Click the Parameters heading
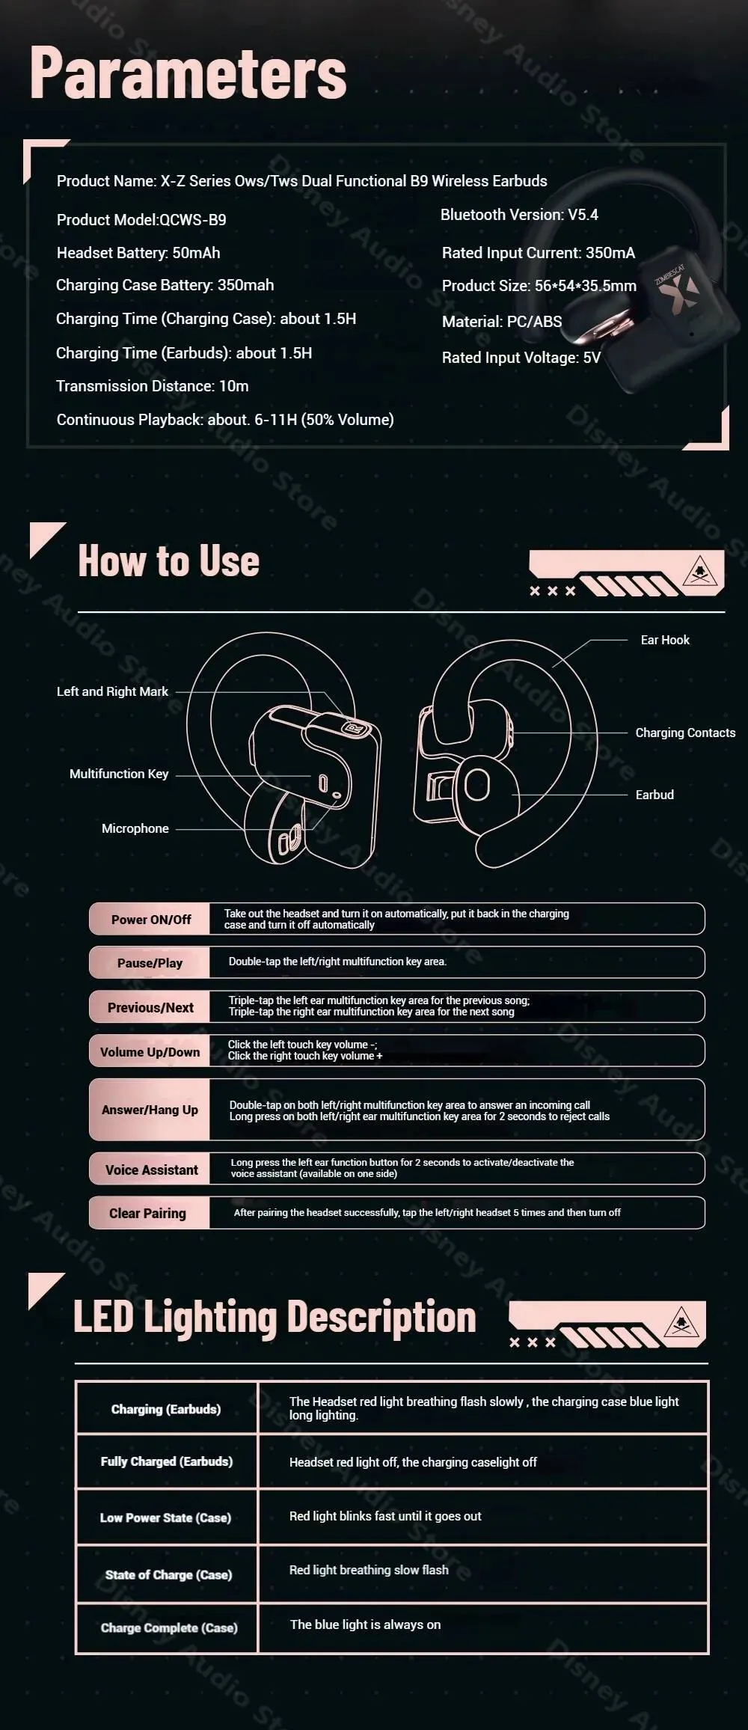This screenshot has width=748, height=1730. tap(188, 73)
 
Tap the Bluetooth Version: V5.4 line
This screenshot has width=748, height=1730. tap(519, 215)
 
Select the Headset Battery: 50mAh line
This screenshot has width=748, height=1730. tap(138, 253)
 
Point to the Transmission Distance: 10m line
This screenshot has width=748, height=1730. tap(152, 386)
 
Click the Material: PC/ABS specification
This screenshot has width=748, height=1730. tap(501, 322)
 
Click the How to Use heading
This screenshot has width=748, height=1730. tap(168, 561)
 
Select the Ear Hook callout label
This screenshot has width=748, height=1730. tap(664, 640)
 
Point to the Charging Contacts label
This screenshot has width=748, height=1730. tap(684, 733)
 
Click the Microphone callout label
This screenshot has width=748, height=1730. tap(135, 828)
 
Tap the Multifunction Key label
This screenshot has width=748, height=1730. tap(118, 774)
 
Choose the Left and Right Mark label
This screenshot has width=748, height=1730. tap(112, 691)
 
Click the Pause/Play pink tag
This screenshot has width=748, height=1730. tap(150, 963)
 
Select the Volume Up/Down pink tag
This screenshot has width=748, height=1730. tap(150, 1052)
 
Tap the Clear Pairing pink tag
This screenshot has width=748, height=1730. tap(148, 1213)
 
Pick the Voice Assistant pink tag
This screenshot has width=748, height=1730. tap(151, 1170)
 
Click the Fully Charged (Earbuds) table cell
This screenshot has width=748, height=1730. tap(166, 1461)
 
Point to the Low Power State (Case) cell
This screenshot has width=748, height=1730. tap(165, 1517)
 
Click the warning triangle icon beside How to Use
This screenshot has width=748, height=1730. tap(700, 572)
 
